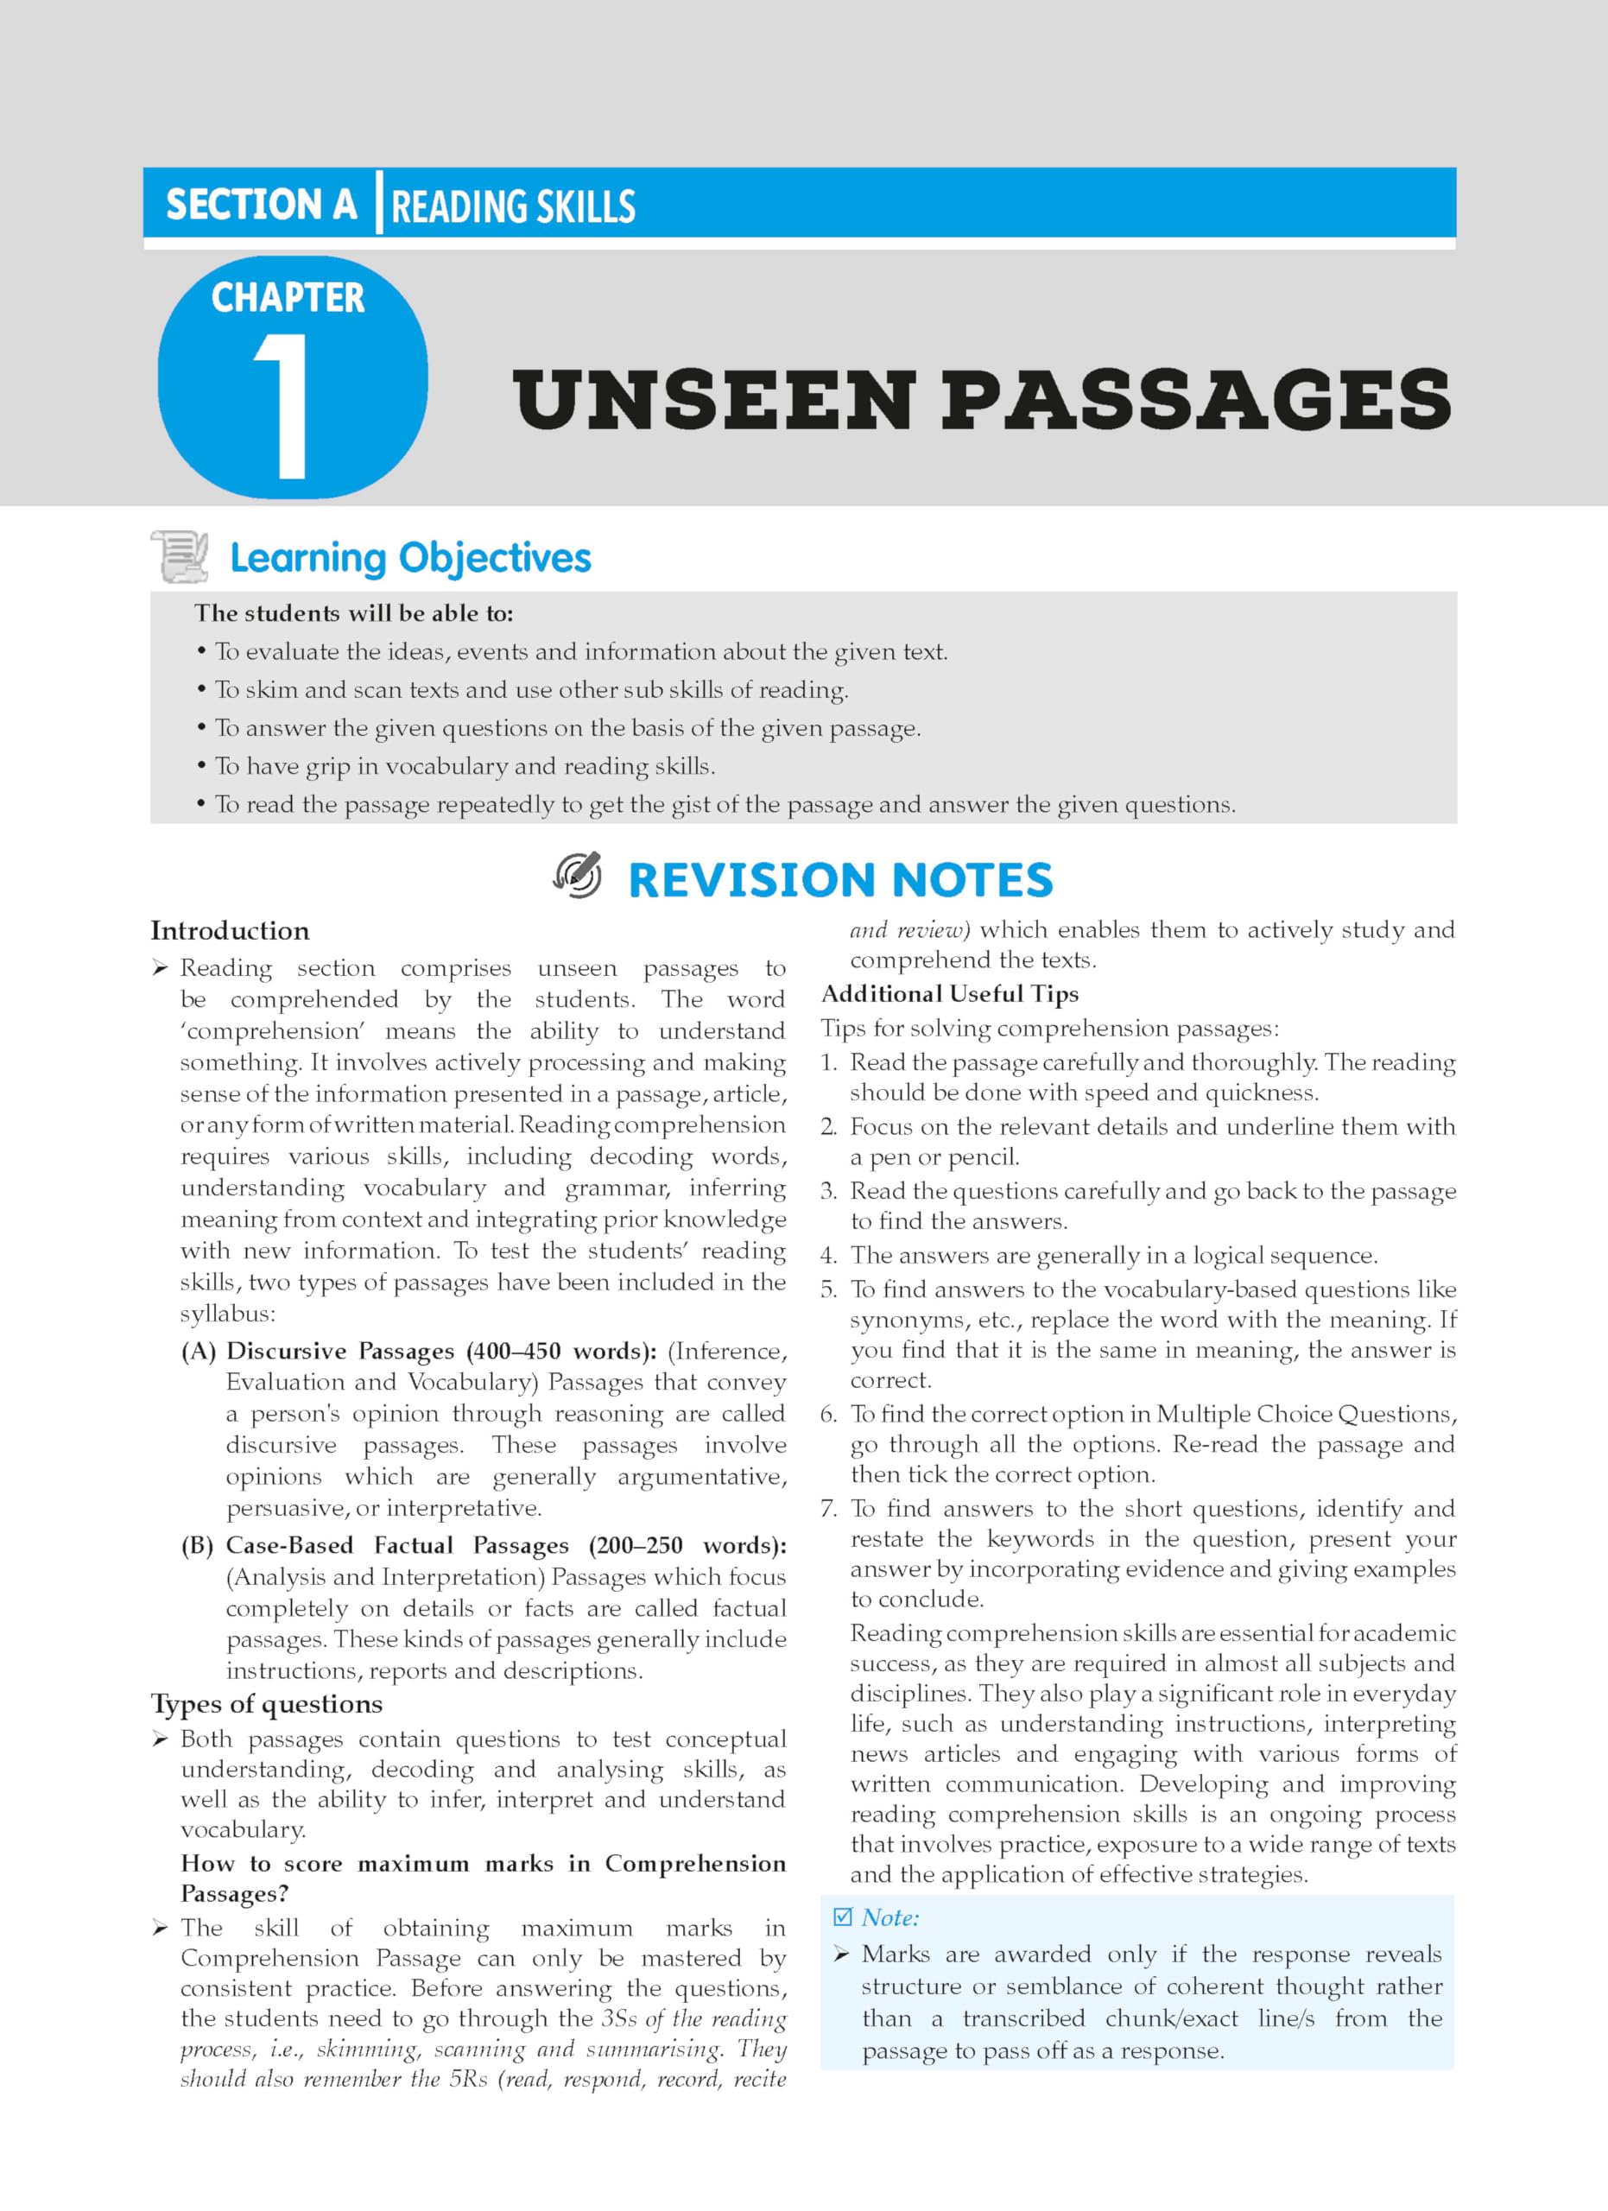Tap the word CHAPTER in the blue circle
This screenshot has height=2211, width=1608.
click(x=288, y=298)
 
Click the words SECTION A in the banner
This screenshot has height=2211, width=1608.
click(x=261, y=205)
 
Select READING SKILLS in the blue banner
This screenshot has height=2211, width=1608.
click(x=513, y=207)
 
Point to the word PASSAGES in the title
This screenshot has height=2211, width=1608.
click(x=1196, y=400)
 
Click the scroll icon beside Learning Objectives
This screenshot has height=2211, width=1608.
click(x=180, y=557)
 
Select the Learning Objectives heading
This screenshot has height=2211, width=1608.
click(x=410, y=558)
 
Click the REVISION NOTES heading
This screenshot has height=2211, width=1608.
click(x=840, y=879)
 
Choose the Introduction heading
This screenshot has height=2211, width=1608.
click(x=230, y=931)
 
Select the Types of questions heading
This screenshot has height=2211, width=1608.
click(x=266, y=1704)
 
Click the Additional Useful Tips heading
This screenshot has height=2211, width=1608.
click(x=949, y=993)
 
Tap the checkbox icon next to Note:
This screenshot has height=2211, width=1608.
click(x=842, y=1917)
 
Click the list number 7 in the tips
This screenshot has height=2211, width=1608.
click(x=828, y=1509)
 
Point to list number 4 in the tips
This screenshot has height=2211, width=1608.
click(x=828, y=1256)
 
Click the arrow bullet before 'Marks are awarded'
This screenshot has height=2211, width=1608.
click(x=842, y=1954)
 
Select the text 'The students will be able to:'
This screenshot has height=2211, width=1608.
click(x=354, y=613)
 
